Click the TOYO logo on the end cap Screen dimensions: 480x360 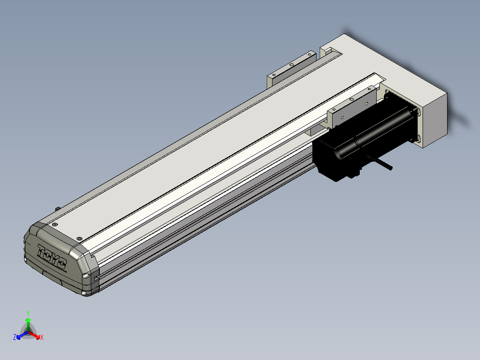point(52,257)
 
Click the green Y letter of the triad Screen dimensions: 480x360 point(28,313)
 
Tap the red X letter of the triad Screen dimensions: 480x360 point(42,337)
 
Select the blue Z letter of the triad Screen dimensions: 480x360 point(14,337)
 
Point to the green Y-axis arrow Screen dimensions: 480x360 point(28,324)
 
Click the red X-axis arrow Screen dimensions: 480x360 point(34,335)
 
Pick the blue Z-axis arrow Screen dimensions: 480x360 point(22,335)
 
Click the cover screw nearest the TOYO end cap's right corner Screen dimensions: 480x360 point(79,239)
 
